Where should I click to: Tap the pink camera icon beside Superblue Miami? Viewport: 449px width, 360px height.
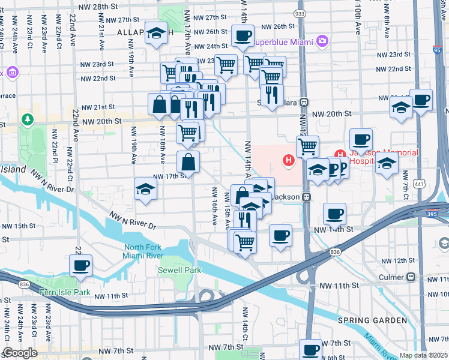(323, 41)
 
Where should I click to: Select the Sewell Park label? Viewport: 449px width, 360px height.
(179, 271)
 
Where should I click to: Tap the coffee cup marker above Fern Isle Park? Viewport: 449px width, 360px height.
(80, 265)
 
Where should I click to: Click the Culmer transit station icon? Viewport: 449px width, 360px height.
(411, 277)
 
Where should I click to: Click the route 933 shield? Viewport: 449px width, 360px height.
(298, 13)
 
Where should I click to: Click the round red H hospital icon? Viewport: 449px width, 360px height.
(289, 160)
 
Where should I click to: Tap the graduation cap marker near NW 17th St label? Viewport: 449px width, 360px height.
(145, 189)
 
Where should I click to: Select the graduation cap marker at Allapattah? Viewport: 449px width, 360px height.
(156, 34)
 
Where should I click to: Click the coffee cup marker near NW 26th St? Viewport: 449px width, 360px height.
(243, 35)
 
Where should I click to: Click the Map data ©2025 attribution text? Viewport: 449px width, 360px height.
(423, 355)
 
